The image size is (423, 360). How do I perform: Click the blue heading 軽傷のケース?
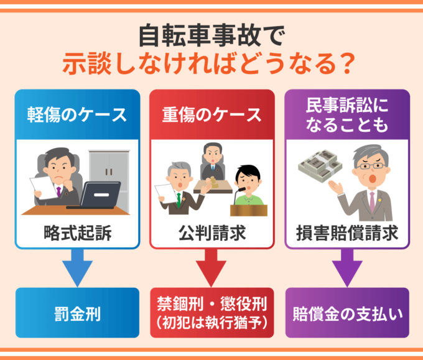(x=77, y=115)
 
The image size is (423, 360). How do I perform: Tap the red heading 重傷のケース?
(x=212, y=115)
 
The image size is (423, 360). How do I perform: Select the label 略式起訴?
(x=77, y=233)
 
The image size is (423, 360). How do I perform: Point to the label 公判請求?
(x=212, y=233)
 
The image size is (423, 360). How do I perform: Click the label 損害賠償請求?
(x=347, y=233)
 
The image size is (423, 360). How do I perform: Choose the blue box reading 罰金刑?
(x=77, y=313)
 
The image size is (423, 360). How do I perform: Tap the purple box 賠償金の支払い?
(x=347, y=313)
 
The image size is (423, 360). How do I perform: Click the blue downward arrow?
(x=77, y=268)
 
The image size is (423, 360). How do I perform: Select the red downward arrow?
(x=211, y=268)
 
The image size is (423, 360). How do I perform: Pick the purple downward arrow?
(x=347, y=268)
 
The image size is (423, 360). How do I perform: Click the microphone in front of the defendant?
(x=239, y=195)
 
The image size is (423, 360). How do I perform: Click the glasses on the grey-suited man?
(x=371, y=166)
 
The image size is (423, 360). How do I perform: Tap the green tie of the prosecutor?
(x=179, y=200)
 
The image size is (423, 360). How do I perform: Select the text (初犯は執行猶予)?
(x=212, y=323)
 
